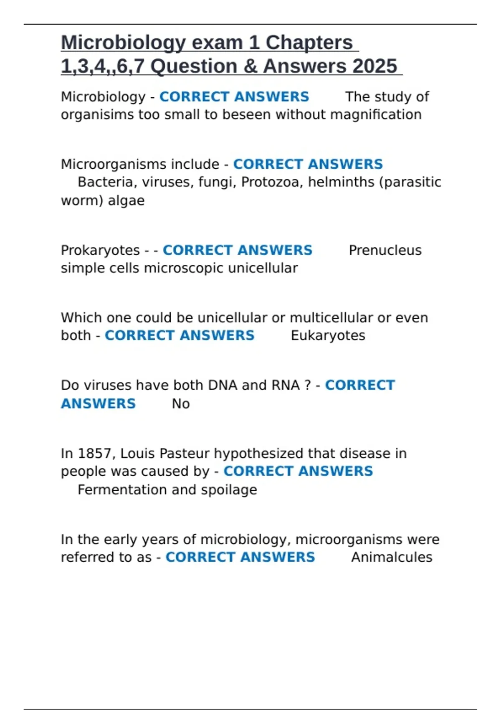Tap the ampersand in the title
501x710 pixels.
point(250,66)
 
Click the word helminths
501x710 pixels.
point(341,182)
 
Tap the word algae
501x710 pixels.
point(126,200)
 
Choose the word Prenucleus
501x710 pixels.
point(385,250)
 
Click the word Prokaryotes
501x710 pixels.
point(100,250)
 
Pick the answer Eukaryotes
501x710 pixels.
point(328,336)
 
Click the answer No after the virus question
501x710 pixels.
point(181,404)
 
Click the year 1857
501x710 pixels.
point(95,454)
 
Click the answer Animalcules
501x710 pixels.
point(391,557)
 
